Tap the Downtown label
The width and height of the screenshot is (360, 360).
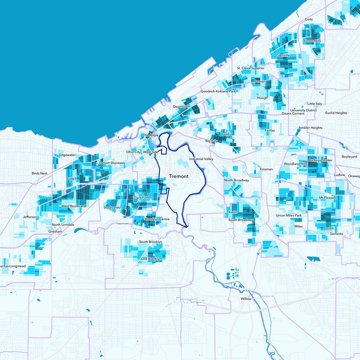pyautogui.click(x=181, y=107)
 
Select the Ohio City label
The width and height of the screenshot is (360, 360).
pyautogui.click(x=134, y=152)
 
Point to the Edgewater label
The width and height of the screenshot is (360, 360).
pyautogui.click(x=67, y=155)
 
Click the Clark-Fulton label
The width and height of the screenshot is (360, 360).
pyautogui.click(x=143, y=198)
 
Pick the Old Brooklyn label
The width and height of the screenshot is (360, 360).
pyautogui.click(x=151, y=259)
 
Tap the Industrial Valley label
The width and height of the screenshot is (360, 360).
pyautogui.click(x=201, y=159)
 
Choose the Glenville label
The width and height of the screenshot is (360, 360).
pyautogui.click(x=283, y=55)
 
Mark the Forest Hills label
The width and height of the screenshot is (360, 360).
pyautogui.click(x=312, y=41)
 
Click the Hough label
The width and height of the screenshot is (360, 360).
pyautogui.click(x=262, y=98)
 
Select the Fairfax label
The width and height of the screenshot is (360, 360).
pyautogui.click(x=270, y=130)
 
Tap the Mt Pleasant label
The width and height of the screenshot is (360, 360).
pyautogui.click(x=327, y=198)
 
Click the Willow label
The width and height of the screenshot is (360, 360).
pyautogui.click(x=246, y=299)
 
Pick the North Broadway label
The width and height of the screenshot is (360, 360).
pyautogui.click(x=236, y=180)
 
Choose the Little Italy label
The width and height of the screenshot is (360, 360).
pyautogui.click(x=315, y=103)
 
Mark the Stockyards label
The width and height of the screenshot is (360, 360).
pyautogui.click(x=112, y=207)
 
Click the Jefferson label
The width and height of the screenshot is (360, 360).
pyautogui.click(x=29, y=217)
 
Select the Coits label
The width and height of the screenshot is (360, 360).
pyautogui.click(x=309, y=20)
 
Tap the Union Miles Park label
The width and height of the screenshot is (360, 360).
pyautogui.click(x=288, y=216)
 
